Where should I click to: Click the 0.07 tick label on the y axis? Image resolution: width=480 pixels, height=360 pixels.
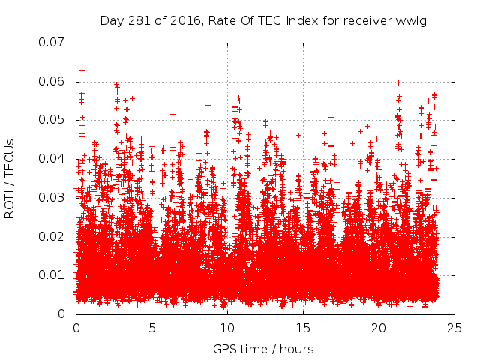coord(52,42)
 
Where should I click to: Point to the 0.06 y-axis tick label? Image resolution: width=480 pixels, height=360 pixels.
coord(52,81)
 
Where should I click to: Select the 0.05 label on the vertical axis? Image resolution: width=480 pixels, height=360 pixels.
coord(52,120)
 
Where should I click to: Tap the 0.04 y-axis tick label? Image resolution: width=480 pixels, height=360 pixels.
coord(52,158)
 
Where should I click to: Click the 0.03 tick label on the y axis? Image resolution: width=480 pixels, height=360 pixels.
coord(52,197)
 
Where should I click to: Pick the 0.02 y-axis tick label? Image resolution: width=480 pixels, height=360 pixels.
coord(52,236)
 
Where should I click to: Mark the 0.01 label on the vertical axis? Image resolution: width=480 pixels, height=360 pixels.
coord(52,275)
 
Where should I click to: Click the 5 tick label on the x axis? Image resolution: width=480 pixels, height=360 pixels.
coord(152,328)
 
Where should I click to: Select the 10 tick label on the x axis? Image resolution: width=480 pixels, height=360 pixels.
coord(227,328)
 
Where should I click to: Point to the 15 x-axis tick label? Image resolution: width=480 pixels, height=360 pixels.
coord(303,328)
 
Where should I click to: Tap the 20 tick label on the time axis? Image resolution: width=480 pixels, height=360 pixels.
coord(379,328)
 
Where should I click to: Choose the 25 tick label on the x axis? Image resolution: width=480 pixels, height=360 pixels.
coord(454,328)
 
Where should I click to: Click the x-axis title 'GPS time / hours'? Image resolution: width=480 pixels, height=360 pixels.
coord(263,349)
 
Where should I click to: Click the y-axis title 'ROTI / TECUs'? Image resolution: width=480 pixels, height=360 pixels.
coord(10,178)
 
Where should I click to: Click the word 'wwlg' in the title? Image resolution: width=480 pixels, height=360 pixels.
coord(412,20)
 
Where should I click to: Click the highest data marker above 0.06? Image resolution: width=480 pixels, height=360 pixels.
coord(82,70)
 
